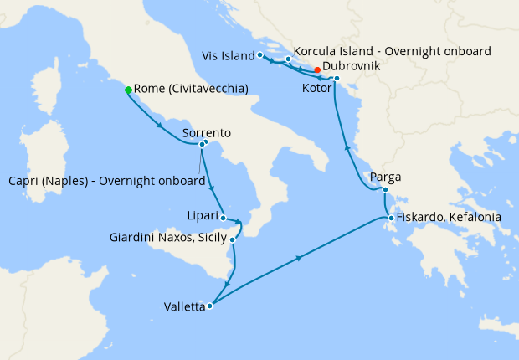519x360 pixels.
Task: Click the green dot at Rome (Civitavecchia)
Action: pyautogui.click(x=128, y=90)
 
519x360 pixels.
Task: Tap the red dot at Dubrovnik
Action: pyautogui.click(x=317, y=69)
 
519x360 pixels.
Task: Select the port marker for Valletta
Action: pyautogui.click(x=209, y=306)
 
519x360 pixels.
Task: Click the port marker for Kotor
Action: pyautogui.click(x=337, y=80)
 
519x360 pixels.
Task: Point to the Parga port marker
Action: pyautogui.click(x=385, y=190)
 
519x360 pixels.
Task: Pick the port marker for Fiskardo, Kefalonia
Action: pyautogui.click(x=390, y=219)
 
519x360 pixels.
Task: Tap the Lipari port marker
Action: pyautogui.click(x=223, y=218)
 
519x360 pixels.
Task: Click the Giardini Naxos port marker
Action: pyautogui.click(x=233, y=240)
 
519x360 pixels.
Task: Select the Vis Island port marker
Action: pyautogui.click(x=260, y=55)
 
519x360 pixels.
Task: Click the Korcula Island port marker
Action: pyautogui.click(x=288, y=59)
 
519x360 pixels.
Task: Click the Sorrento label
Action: pyautogui.click(x=207, y=133)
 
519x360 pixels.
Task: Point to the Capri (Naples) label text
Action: pyautogui.click(x=106, y=181)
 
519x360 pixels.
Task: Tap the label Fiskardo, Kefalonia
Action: pyautogui.click(x=449, y=217)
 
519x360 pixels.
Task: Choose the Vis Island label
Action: pyautogui.click(x=228, y=55)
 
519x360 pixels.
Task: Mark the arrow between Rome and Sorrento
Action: pyautogui.click(x=159, y=127)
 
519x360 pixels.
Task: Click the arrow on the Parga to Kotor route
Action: pyautogui.click(x=347, y=149)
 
